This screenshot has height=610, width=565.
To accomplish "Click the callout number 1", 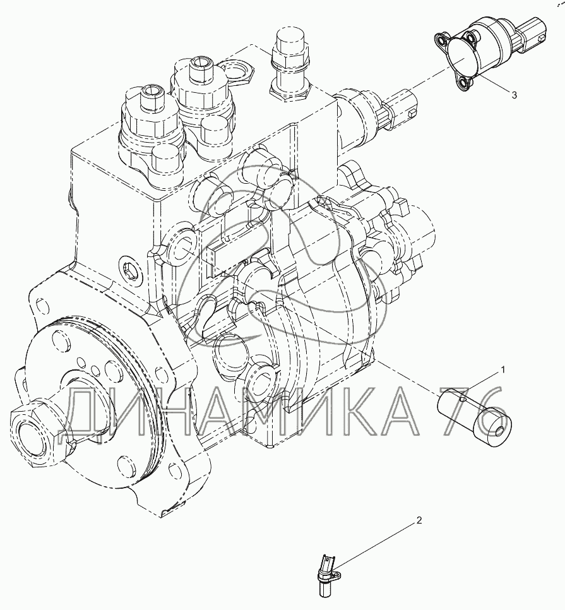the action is [503, 369].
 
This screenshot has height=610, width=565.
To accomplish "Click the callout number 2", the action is [419, 520].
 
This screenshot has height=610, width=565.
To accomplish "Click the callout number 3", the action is [514, 95].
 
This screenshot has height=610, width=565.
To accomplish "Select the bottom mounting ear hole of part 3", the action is [463, 83].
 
